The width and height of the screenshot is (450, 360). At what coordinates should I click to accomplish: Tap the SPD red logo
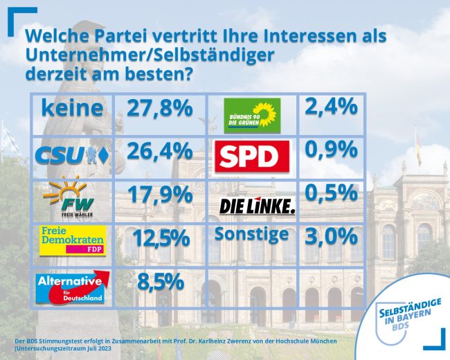(x=252, y=156)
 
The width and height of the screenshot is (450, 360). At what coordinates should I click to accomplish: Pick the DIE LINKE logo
(x=257, y=206)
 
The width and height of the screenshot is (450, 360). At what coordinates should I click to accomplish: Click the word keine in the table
(x=73, y=108)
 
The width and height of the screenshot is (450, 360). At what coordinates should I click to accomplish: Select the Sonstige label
(x=251, y=233)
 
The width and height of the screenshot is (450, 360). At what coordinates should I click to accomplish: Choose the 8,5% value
(x=159, y=281)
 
